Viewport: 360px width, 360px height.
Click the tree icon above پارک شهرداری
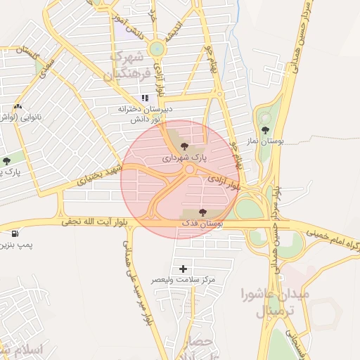pos(184,147)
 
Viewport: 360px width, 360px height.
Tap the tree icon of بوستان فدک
pos(202,212)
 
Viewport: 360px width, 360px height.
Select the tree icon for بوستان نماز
pos(265,130)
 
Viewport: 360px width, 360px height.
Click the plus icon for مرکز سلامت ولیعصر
pos(184,269)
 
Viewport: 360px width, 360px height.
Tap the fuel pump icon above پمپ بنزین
pos(15,233)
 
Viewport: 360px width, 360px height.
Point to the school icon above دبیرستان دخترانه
pos(145,98)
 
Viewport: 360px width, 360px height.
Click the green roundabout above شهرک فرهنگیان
pos(156,48)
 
